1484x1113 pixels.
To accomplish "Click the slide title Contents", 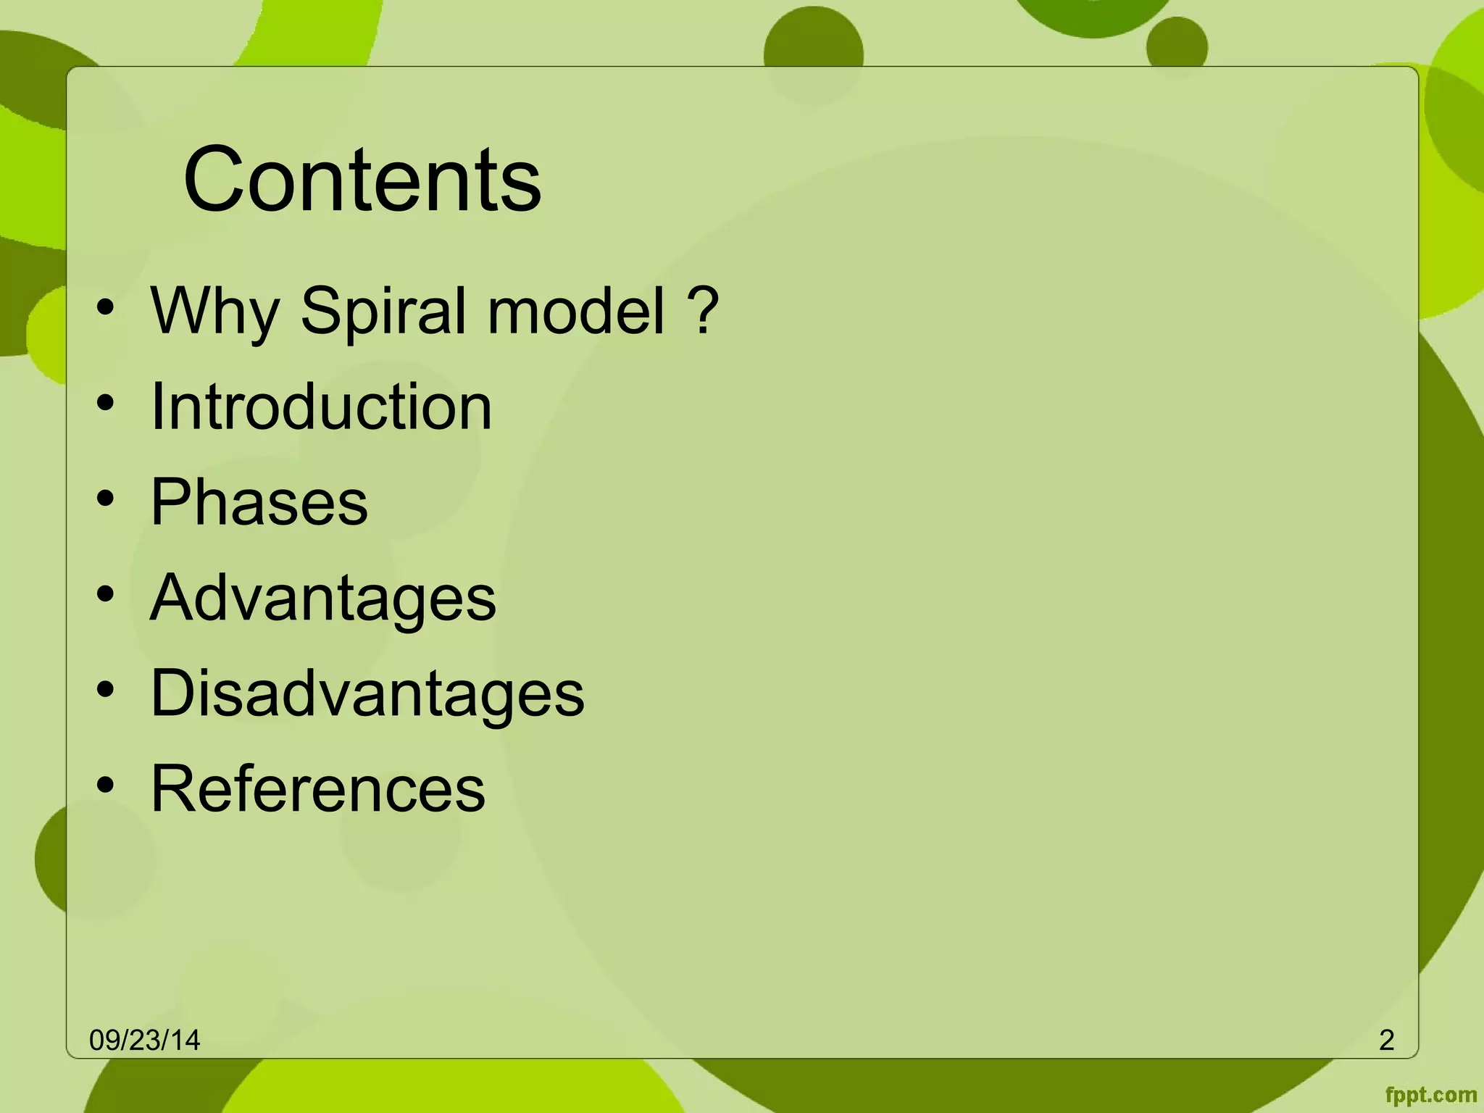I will pyautogui.click(x=362, y=180).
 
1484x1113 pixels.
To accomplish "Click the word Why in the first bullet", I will pyautogui.click(x=214, y=312).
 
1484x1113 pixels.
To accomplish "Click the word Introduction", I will pyautogui.click(x=321, y=407).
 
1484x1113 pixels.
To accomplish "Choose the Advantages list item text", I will pyautogui.click(x=322, y=598).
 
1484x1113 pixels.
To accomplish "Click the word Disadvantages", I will pyautogui.click(x=367, y=693).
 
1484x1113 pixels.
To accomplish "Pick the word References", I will pyautogui.click(x=317, y=788).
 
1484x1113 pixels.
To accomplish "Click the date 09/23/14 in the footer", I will pyautogui.click(x=144, y=1041).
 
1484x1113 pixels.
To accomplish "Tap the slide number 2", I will pyautogui.click(x=1386, y=1041).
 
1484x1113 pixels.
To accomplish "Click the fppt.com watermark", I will pyautogui.click(x=1430, y=1095).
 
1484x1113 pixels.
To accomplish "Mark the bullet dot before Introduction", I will pyautogui.click(x=106, y=403).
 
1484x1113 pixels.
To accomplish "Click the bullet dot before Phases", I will pyautogui.click(x=106, y=499).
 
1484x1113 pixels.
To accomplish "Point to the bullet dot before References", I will pyautogui.click(x=106, y=785).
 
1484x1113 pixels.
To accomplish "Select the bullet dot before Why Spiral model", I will pyautogui.click(x=106, y=307).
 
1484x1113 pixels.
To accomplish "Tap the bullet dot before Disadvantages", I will pyautogui.click(x=106, y=690).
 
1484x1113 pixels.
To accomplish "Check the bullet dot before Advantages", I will pyautogui.click(x=106, y=594).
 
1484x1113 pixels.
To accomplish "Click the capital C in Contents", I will pyautogui.click(x=215, y=180).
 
